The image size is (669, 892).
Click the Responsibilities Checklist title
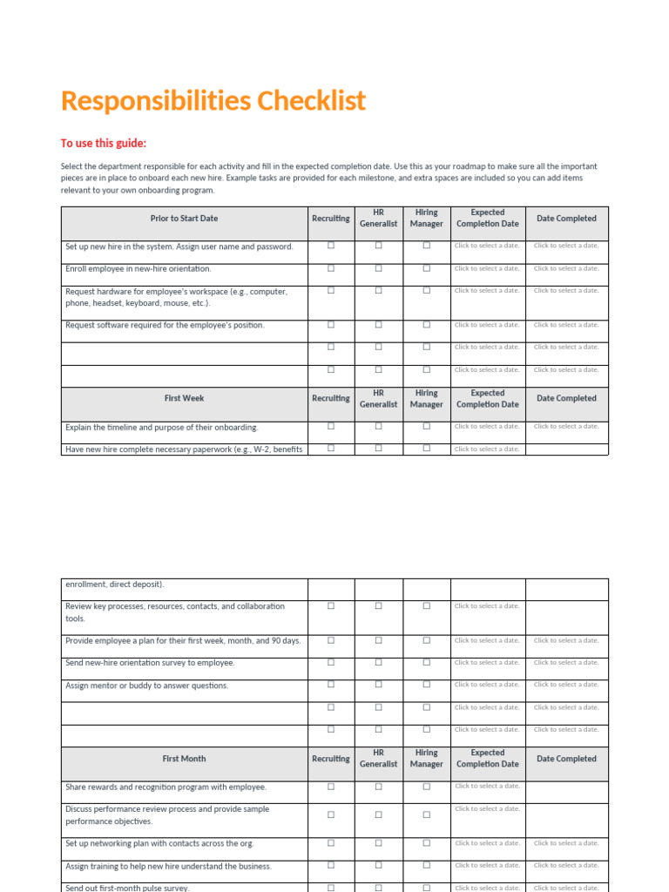(x=213, y=101)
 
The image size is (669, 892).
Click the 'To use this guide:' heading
(x=104, y=144)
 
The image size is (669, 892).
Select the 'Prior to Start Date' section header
(x=184, y=219)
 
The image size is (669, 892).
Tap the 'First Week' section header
(x=184, y=398)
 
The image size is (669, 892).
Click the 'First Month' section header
(x=184, y=759)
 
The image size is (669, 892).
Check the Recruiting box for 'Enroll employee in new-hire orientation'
(x=331, y=268)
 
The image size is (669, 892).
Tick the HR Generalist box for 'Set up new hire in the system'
(x=378, y=246)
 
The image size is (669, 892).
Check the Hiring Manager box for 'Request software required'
(x=426, y=324)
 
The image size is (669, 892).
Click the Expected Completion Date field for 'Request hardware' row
(x=487, y=291)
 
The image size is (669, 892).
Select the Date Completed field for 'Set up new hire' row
(x=566, y=246)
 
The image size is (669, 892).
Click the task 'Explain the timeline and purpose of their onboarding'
(x=162, y=428)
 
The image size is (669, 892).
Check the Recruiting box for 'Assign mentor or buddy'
(x=331, y=685)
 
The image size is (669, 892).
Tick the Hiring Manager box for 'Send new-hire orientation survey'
(x=426, y=662)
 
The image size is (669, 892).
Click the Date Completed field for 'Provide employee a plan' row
(x=566, y=640)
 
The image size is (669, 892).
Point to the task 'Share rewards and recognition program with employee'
(x=166, y=787)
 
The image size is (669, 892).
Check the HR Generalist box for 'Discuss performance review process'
(x=378, y=815)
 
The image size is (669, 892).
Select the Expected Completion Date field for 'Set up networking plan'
(x=487, y=843)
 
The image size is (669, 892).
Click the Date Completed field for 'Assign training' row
(x=566, y=866)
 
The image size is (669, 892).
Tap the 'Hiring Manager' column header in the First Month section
(x=426, y=759)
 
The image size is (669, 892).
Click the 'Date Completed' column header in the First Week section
(x=566, y=398)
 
